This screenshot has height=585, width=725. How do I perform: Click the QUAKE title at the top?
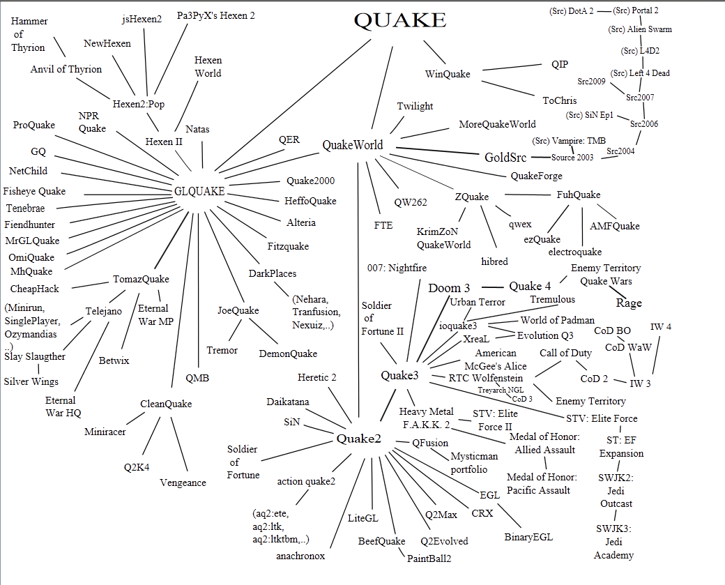pos(399,20)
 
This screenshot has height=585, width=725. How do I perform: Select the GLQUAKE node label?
pos(199,192)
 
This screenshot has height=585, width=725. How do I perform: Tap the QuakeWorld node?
pos(352,145)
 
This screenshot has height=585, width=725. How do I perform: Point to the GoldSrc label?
pos(505,158)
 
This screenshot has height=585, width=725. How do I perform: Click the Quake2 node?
pos(358,439)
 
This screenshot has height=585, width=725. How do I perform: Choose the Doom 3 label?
pos(449,288)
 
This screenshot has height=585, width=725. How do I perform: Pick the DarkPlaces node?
pos(273,273)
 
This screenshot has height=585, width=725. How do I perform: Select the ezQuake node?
pos(542,239)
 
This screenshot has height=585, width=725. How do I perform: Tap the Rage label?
pos(629,303)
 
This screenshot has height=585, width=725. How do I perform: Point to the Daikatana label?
pos(288,402)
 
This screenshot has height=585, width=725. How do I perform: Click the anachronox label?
pos(300,556)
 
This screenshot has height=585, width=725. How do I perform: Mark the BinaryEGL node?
pos(528,537)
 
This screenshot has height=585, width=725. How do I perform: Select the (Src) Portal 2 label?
pos(636,10)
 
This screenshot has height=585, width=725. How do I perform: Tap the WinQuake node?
pos(448,74)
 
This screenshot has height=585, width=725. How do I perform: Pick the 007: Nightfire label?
pos(397,268)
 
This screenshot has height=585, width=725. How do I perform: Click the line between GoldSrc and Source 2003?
pos(539,158)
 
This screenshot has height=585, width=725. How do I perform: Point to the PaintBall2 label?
pos(429,558)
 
